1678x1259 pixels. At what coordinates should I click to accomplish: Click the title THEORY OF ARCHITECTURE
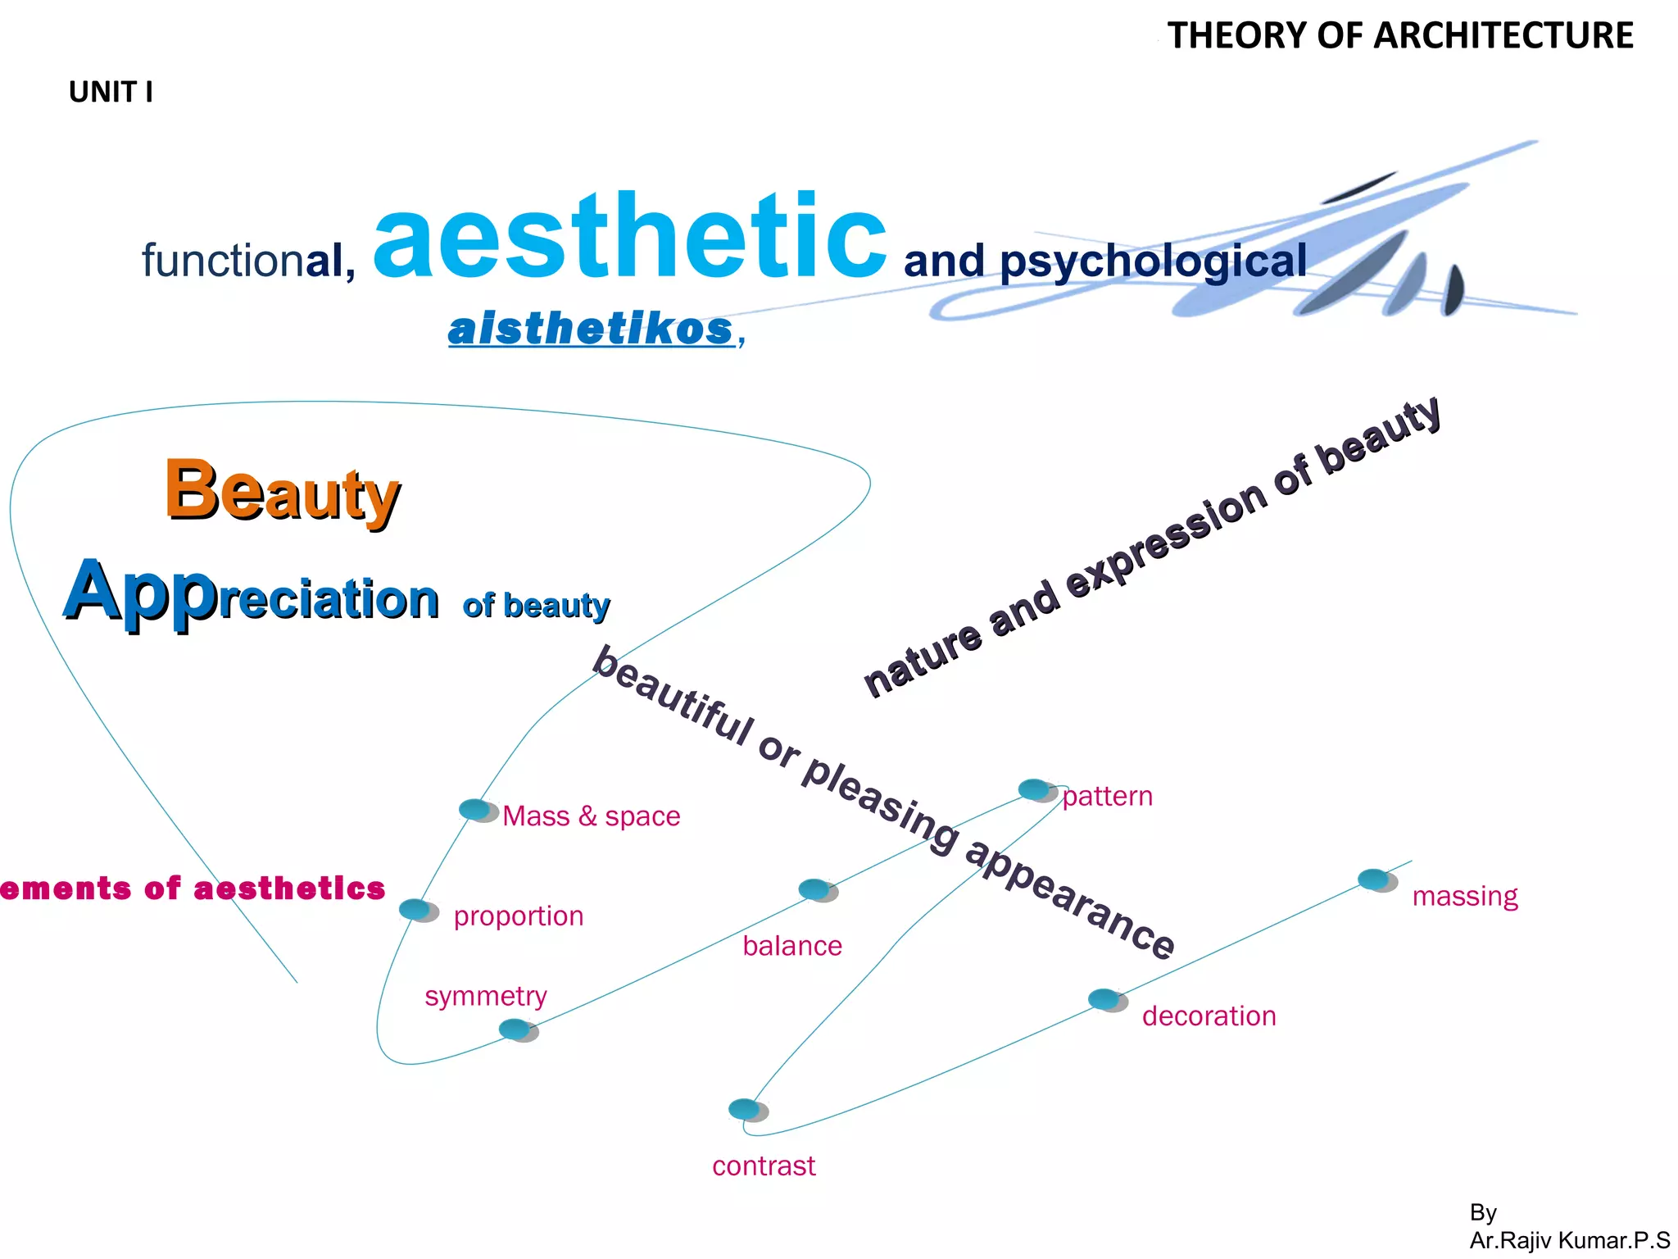tap(1400, 36)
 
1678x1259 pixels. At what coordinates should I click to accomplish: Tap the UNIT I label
tap(111, 93)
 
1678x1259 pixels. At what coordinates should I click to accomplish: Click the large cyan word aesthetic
tap(629, 238)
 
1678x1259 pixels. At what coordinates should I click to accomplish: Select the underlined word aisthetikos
tap(591, 330)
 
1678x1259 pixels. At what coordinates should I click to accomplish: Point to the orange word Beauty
tap(283, 491)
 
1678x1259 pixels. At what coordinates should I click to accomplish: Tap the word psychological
tap(1153, 261)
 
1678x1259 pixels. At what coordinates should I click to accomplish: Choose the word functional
tap(248, 261)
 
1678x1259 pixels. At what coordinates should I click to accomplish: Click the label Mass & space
tap(591, 816)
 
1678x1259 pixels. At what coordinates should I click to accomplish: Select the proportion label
tap(519, 916)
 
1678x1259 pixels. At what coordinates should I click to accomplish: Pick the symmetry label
tap(486, 997)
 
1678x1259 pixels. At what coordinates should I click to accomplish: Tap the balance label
tap(792, 947)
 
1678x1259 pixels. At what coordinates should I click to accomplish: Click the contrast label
tap(764, 1166)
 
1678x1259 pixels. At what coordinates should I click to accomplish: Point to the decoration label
tap(1209, 1016)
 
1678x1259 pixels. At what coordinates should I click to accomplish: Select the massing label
tap(1465, 897)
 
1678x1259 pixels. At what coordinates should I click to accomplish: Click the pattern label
tap(1107, 797)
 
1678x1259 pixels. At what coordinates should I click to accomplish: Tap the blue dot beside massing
tap(1376, 880)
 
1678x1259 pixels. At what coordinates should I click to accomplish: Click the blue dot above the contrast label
tap(746, 1110)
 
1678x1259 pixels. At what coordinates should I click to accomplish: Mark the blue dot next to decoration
tap(1106, 1000)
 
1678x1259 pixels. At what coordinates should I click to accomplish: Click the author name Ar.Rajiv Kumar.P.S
tap(1569, 1240)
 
